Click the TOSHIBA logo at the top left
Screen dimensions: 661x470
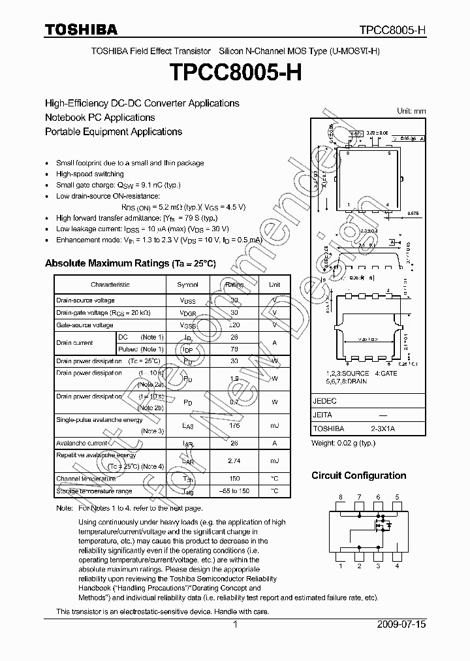coord(81,29)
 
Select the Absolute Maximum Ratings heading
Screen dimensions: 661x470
coord(130,263)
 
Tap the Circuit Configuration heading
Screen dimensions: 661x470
coord(358,476)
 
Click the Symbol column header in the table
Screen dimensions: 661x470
coord(188,285)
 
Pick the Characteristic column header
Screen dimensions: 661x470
coord(110,285)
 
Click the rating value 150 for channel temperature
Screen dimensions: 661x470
coord(234,479)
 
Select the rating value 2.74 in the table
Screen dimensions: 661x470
coord(234,461)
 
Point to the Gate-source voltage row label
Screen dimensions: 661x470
coord(85,325)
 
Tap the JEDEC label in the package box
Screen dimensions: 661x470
coord(325,401)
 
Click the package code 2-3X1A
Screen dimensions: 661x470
coord(383,428)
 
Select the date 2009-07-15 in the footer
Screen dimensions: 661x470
coord(401,625)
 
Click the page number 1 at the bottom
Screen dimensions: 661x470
coord(235,625)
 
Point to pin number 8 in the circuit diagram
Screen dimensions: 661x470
coord(340,498)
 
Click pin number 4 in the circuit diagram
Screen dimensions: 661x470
coord(397,566)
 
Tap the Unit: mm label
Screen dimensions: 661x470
coord(411,111)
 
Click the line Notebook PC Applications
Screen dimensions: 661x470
coord(100,118)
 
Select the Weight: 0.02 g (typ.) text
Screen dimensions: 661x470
coord(343,443)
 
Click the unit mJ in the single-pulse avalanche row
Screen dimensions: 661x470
coord(275,425)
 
